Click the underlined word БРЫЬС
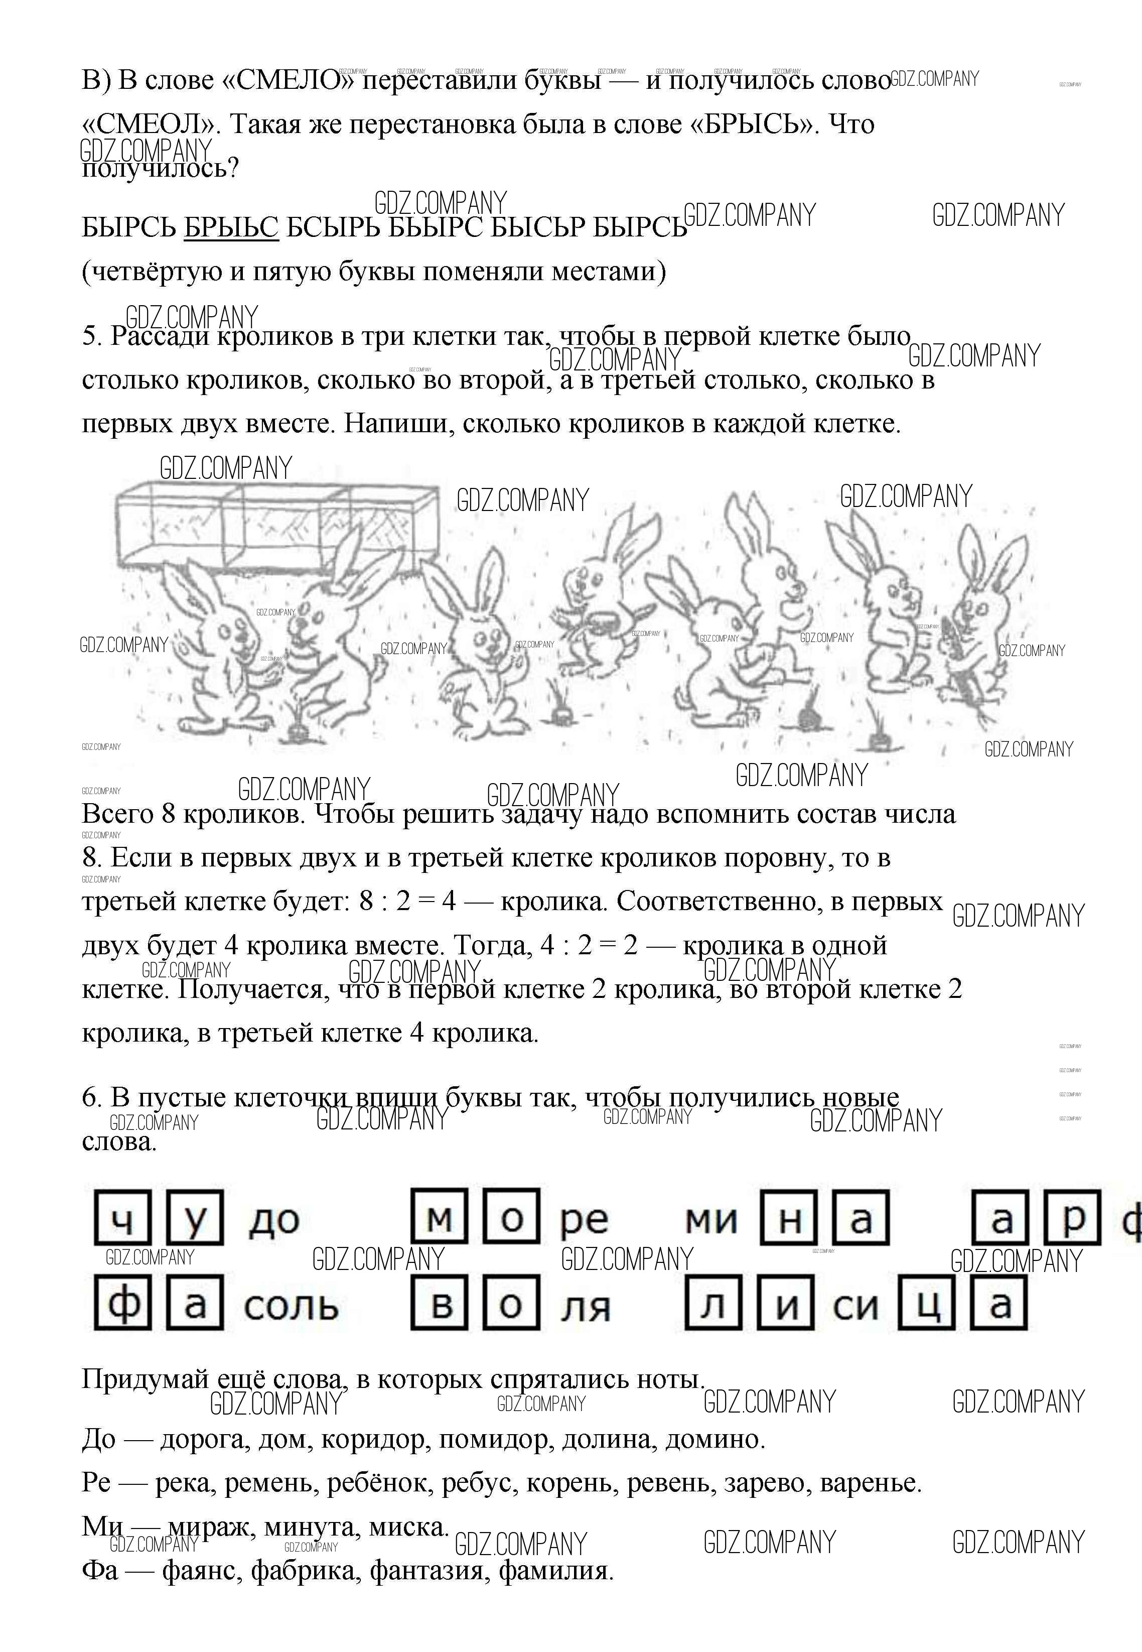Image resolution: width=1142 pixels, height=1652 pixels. click(231, 227)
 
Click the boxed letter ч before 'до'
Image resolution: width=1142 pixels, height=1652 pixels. click(122, 1217)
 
